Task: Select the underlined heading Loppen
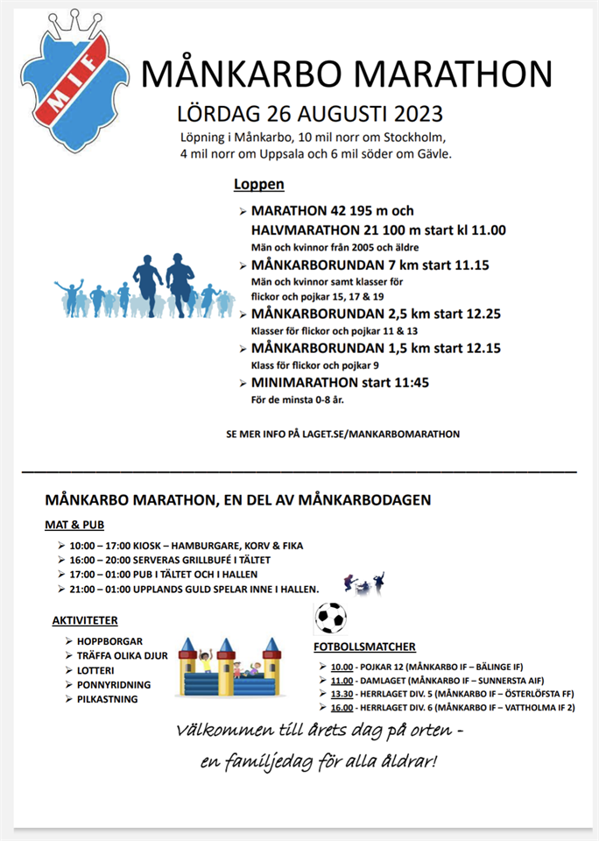click(x=258, y=185)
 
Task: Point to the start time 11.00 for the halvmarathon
click(x=487, y=230)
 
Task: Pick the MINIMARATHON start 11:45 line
click(x=340, y=383)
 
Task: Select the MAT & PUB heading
click(x=74, y=526)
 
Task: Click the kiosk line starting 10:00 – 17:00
click(x=186, y=546)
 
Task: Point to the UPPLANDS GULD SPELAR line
click(x=194, y=588)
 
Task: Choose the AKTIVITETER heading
click(x=85, y=620)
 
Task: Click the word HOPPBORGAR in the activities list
click(x=109, y=641)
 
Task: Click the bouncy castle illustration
click(x=229, y=668)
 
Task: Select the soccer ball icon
click(x=330, y=618)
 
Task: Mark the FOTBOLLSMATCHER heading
click(x=364, y=647)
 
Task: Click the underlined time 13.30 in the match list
click(x=342, y=692)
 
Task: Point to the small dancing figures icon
click(x=365, y=582)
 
